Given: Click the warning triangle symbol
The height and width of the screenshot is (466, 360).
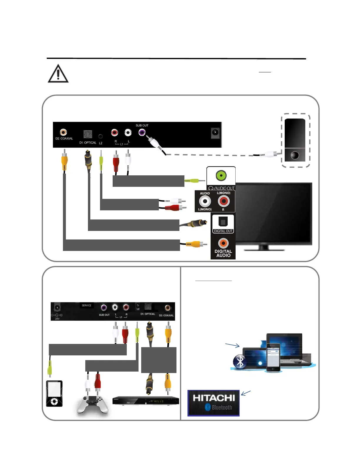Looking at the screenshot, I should tap(58, 74).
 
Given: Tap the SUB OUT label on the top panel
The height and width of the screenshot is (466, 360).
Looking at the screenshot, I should tap(142, 125).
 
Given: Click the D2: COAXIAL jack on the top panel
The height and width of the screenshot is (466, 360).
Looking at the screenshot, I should tap(63, 132).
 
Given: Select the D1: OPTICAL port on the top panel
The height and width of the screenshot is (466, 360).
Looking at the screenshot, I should tap(88, 134).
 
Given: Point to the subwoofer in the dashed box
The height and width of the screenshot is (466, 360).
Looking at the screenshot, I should tap(295, 140).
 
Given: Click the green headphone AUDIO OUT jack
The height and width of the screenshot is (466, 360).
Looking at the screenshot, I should tap(221, 176).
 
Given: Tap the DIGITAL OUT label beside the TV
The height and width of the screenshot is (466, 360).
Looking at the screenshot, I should tap(223, 231).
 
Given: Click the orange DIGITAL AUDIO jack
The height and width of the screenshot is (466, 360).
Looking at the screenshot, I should tap(223, 243).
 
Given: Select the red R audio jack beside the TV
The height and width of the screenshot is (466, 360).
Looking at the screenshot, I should tap(224, 201).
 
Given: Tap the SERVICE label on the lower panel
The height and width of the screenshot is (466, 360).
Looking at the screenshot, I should tap(86, 305).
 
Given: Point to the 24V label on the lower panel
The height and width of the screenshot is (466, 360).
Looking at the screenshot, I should tap(57, 319).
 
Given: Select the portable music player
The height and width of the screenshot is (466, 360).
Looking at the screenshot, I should tap(54, 393).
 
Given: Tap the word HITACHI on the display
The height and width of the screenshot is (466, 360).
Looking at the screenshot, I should tap(214, 398).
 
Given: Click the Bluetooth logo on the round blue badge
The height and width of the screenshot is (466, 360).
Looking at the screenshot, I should tap(240, 362).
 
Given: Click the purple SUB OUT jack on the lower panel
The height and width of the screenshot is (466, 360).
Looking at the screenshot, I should tap(104, 308).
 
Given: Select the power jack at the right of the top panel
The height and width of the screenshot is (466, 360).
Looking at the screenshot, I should tap(215, 133).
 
